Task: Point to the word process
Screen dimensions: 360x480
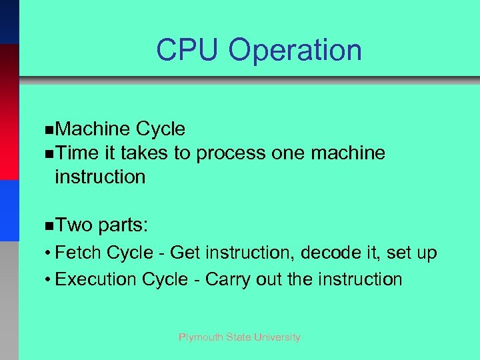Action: [231, 154]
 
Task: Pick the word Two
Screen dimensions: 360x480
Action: [74, 226]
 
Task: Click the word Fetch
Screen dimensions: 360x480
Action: [78, 253]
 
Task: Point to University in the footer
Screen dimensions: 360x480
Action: [277, 337]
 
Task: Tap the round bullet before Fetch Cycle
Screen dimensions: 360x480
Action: [49, 254]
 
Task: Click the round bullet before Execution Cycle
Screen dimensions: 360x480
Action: [49, 279]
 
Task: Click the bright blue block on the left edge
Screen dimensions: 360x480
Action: [9, 210]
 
